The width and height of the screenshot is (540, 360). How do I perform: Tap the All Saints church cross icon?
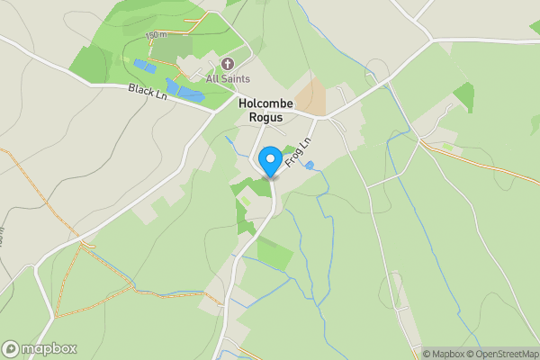[x=227, y=64]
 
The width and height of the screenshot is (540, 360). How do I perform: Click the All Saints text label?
[x=227, y=79]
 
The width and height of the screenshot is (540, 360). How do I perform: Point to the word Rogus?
[x=261, y=117]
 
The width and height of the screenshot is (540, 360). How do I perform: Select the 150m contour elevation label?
[x=157, y=35]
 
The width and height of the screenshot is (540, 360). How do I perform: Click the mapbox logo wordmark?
[x=49, y=349]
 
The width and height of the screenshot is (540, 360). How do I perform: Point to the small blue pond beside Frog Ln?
[x=310, y=166]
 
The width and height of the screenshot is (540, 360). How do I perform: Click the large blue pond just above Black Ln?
[x=190, y=93]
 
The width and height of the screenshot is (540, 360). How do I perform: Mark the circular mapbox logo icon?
[x=11, y=349]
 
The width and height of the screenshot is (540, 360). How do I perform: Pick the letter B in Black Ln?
[x=132, y=88]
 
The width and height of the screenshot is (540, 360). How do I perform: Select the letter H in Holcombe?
[x=243, y=103]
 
